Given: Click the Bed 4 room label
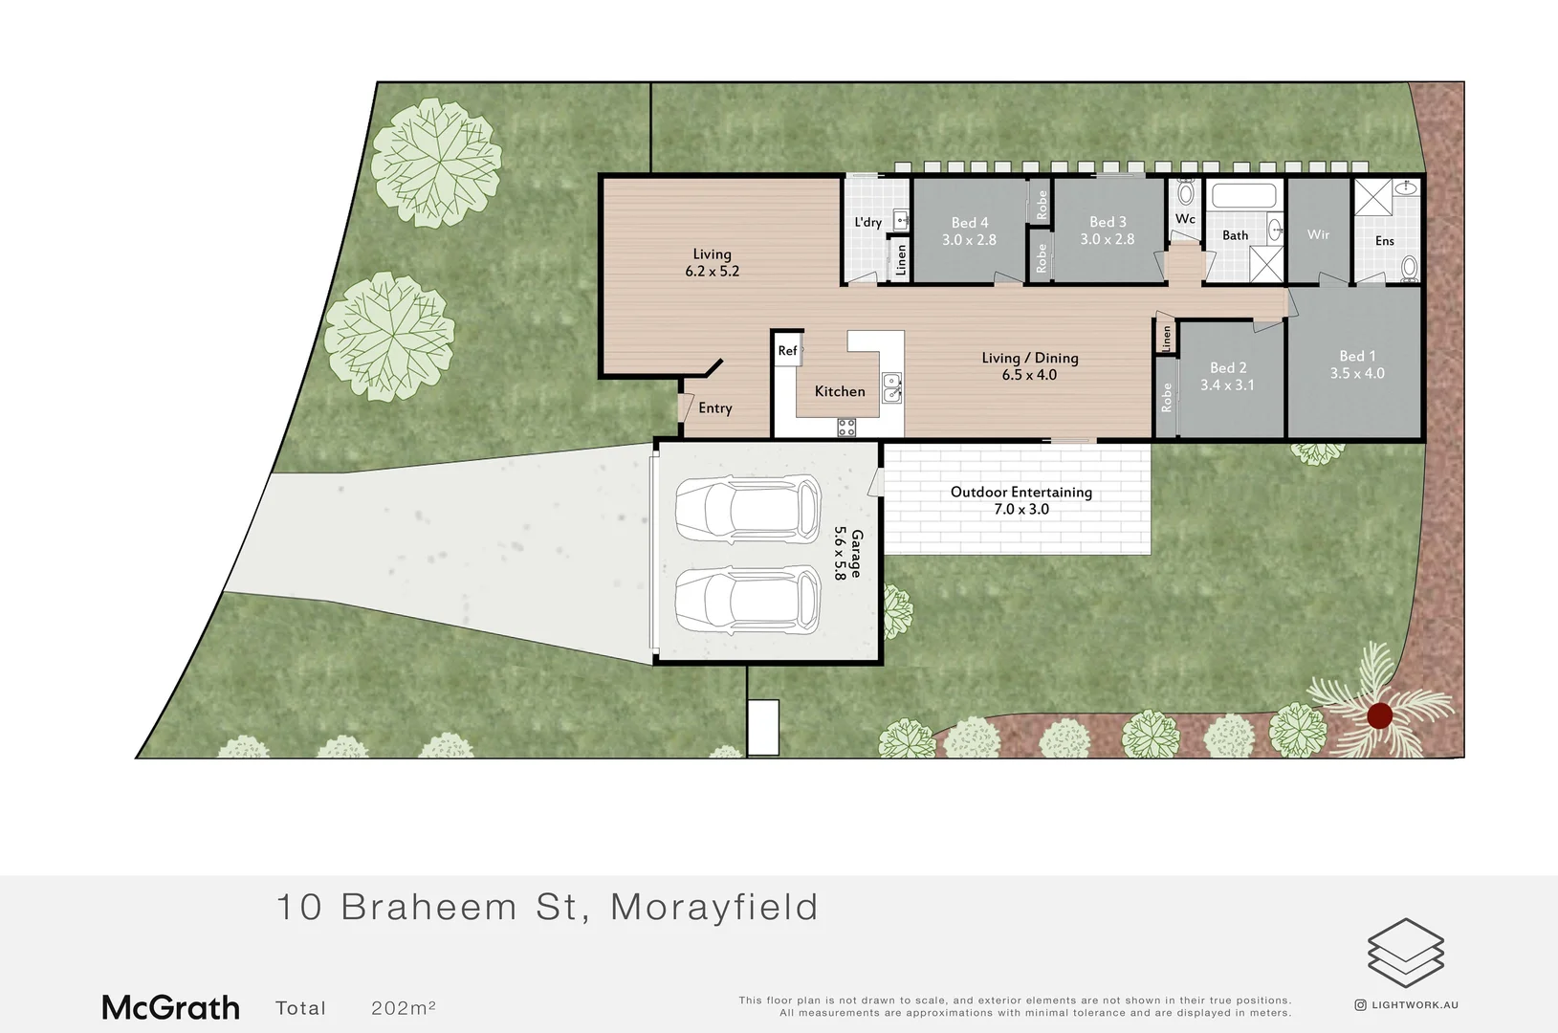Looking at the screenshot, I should [969, 223].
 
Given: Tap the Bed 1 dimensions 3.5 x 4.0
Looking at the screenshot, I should [1357, 374].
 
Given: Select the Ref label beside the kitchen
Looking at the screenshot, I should [787, 351].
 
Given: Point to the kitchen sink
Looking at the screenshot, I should [891, 386].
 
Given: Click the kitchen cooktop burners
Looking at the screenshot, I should [846, 428].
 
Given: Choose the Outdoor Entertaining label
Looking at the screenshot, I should [1020, 492].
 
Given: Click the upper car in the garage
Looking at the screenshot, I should [748, 509].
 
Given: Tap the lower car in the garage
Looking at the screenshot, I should [748, 601].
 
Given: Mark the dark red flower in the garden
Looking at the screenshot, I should [1379, 715].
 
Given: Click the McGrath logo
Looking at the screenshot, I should [171, 1007].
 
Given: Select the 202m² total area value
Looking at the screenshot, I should [404, 1008].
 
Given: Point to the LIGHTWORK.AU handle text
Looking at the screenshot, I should [1415, 1005].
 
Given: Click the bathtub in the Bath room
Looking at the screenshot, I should [1243, 197].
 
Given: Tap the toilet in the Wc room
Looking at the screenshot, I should [1186, 193].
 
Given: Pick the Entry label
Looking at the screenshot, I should [715, 408].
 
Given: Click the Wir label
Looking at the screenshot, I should [1318, 234].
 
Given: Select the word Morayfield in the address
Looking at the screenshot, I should [714, 907].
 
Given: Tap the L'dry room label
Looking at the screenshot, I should [867, 222].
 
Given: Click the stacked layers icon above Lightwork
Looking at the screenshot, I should [1405, 953].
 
